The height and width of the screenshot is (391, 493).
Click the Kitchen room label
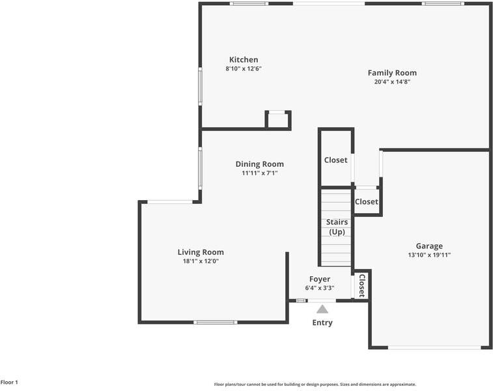point(243,60)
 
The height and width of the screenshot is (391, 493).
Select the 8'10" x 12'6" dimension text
point(243,68)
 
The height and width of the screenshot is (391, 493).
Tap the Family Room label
point(392,73)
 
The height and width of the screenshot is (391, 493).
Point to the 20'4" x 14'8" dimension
point(392,82)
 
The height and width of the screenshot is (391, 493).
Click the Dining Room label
point(259,164)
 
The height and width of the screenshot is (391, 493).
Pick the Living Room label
point(201,252)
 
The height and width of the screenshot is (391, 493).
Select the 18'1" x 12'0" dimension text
point(201,261)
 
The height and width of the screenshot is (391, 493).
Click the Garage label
point(429,246)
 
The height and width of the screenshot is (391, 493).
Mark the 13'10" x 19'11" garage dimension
point(429,255)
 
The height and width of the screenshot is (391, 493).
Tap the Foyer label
point(319,279)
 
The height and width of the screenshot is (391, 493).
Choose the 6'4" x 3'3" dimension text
point(319,288)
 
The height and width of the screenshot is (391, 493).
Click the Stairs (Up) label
point(337,227)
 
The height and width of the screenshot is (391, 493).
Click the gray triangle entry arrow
point(322,310)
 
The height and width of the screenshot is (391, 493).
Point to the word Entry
point(322,323)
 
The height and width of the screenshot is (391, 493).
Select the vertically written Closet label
point(362,285)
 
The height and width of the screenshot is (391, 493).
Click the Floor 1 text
point(9,383)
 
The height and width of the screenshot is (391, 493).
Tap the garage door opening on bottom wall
point(434,347)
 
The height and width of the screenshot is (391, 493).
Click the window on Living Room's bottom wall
point(215,322)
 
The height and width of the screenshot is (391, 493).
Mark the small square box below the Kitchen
point(278,121)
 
